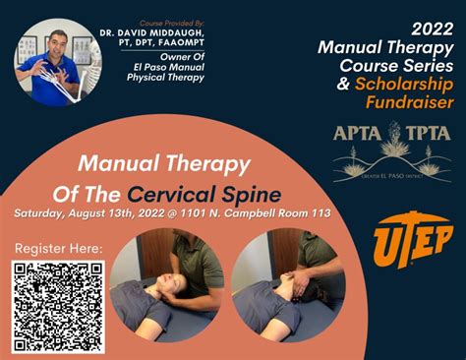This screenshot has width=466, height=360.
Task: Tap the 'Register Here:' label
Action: (x=58, y=249)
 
